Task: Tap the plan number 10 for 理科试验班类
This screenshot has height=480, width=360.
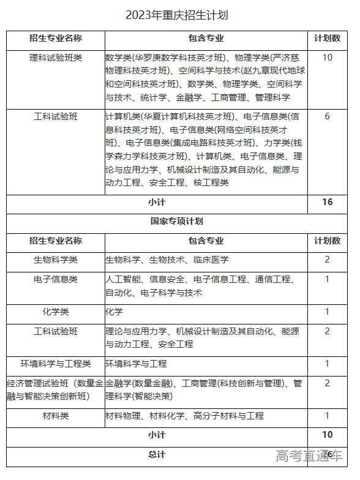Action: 327,58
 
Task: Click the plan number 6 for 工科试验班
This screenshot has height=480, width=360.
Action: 327,116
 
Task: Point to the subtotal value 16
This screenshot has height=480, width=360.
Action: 327,203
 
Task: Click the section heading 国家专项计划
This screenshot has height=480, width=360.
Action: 176,221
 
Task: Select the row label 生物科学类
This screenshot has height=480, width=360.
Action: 56,260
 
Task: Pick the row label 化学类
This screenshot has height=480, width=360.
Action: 56,312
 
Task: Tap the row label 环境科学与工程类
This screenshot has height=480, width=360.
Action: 56,364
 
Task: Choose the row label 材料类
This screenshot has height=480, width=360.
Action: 56,416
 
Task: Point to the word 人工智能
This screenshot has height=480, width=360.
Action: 123,280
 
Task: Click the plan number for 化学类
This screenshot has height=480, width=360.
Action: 327,312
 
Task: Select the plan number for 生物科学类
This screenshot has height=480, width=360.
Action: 327,260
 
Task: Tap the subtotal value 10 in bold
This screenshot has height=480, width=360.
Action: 327,435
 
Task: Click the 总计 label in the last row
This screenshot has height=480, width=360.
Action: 157,454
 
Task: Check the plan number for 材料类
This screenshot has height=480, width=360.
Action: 327,416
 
